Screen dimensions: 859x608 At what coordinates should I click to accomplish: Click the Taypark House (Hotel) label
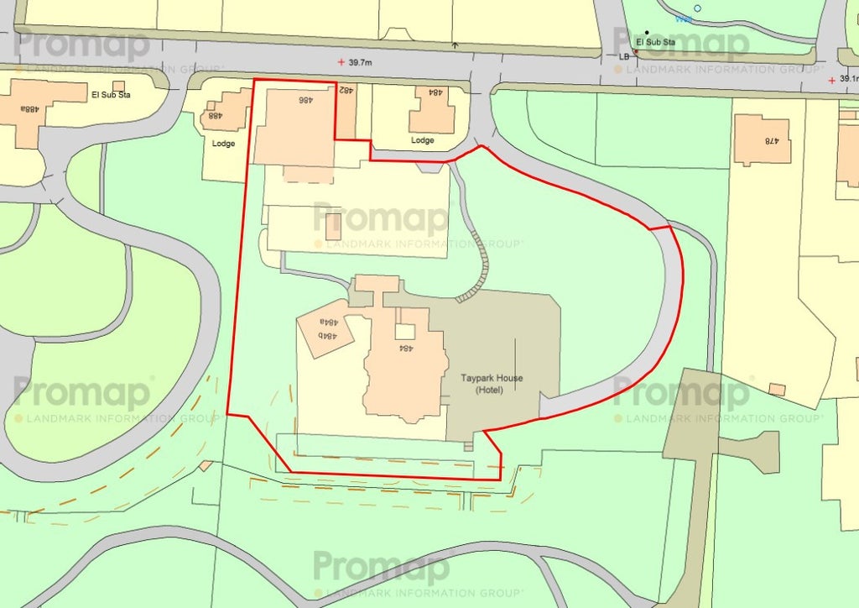point(491,384)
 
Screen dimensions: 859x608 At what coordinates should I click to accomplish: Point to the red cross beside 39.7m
point(341,62)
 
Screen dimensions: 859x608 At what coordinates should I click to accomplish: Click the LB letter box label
point(623,56)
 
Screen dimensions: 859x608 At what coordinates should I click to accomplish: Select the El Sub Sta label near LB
point(656,42)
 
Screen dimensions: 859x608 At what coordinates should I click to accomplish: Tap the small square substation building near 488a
point(118,86)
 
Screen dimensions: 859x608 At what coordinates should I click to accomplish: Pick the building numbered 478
point(763,139)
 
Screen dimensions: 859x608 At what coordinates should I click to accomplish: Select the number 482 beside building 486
point(346,90)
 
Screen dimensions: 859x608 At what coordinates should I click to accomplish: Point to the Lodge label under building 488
point(224,144)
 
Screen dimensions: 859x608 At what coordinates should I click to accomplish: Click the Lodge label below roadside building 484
point(423,140)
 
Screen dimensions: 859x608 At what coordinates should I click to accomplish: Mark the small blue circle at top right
point(697,8)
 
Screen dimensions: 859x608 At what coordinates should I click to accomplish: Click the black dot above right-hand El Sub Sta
point(646,33)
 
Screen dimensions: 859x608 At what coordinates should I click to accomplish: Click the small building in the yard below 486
point(333,225)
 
